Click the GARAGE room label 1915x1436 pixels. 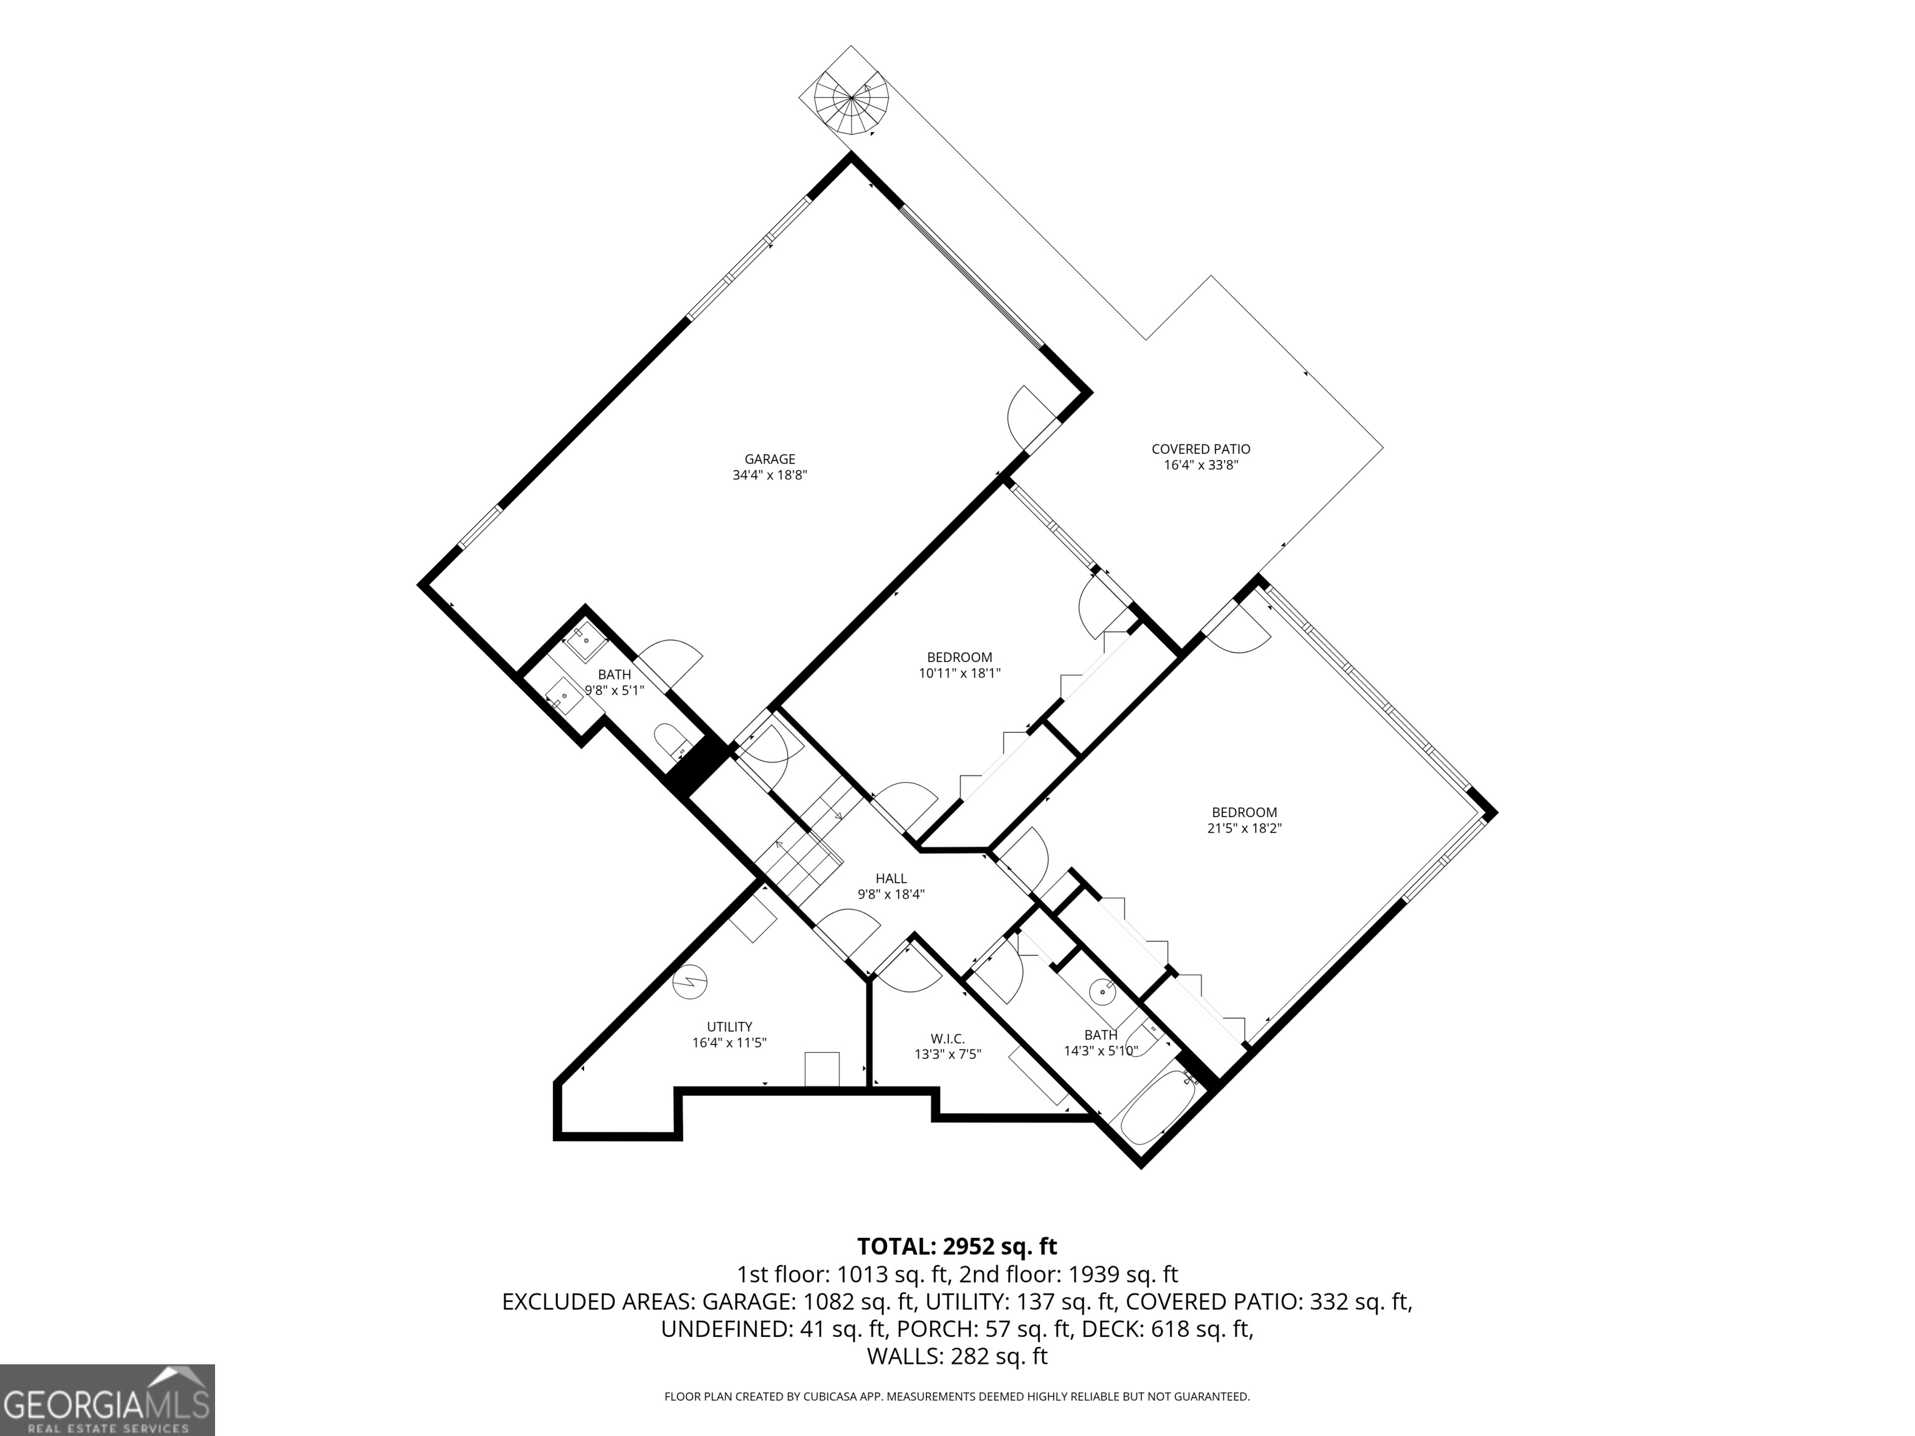[x=770, y=459]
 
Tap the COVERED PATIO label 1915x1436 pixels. [x=1201, y=449]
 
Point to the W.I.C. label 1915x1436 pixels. [x=948, y=1039]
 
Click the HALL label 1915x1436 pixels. [x=891, y=879]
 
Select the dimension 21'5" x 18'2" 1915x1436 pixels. [x=1244, y=828]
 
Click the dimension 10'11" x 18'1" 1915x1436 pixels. [x=959, y=673]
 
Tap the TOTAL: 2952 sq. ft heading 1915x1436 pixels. [x=957, y=1247]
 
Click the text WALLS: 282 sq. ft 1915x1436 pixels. [x=957, y=1356]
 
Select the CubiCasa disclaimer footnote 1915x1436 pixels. [x=957, y=1396]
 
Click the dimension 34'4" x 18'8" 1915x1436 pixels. [x=770, y=475]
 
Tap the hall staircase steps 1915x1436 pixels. [x=810, y=840]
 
